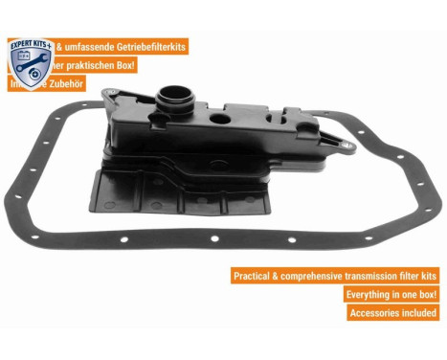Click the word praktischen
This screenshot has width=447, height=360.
(96, 65)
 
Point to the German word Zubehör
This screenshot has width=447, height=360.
(65, 83)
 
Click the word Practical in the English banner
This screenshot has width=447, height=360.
(257, 276)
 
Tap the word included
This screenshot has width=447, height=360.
(420, 313)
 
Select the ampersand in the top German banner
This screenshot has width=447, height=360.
(63, 47)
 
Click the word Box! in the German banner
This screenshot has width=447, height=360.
(124, 65)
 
